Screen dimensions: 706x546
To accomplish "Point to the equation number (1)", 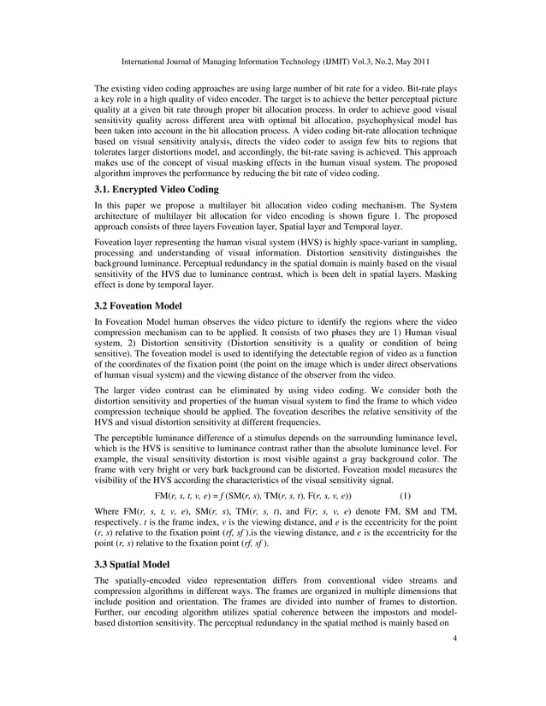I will (405, 496).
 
